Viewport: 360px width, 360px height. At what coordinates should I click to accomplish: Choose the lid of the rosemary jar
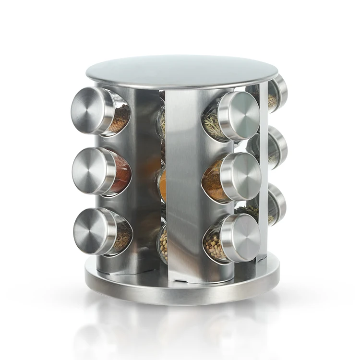click(x=241, y=115)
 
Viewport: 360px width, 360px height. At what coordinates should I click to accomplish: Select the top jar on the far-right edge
click(x=277, y=94)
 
